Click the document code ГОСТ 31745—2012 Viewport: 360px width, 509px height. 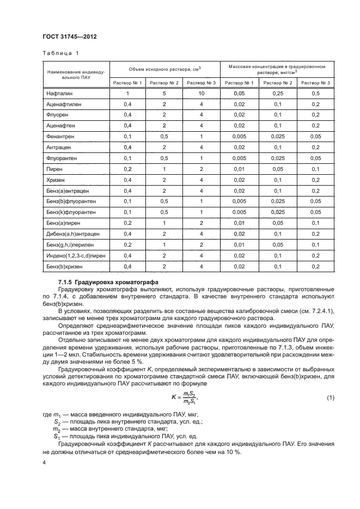[x=65, y=37]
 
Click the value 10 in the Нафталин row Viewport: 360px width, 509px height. [x=201, y=94]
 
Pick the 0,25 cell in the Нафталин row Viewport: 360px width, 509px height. [x=277, y=94]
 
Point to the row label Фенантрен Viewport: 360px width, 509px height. [x=61, y=136]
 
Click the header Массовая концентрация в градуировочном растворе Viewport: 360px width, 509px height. [x=277, y=69]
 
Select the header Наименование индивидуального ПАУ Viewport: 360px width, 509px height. [x=75, y=75]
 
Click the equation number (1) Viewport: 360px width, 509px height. [x=331, y=398]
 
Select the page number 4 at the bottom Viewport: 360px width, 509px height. [x=44, y=463]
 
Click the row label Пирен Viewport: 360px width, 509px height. [x=56, y=169]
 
